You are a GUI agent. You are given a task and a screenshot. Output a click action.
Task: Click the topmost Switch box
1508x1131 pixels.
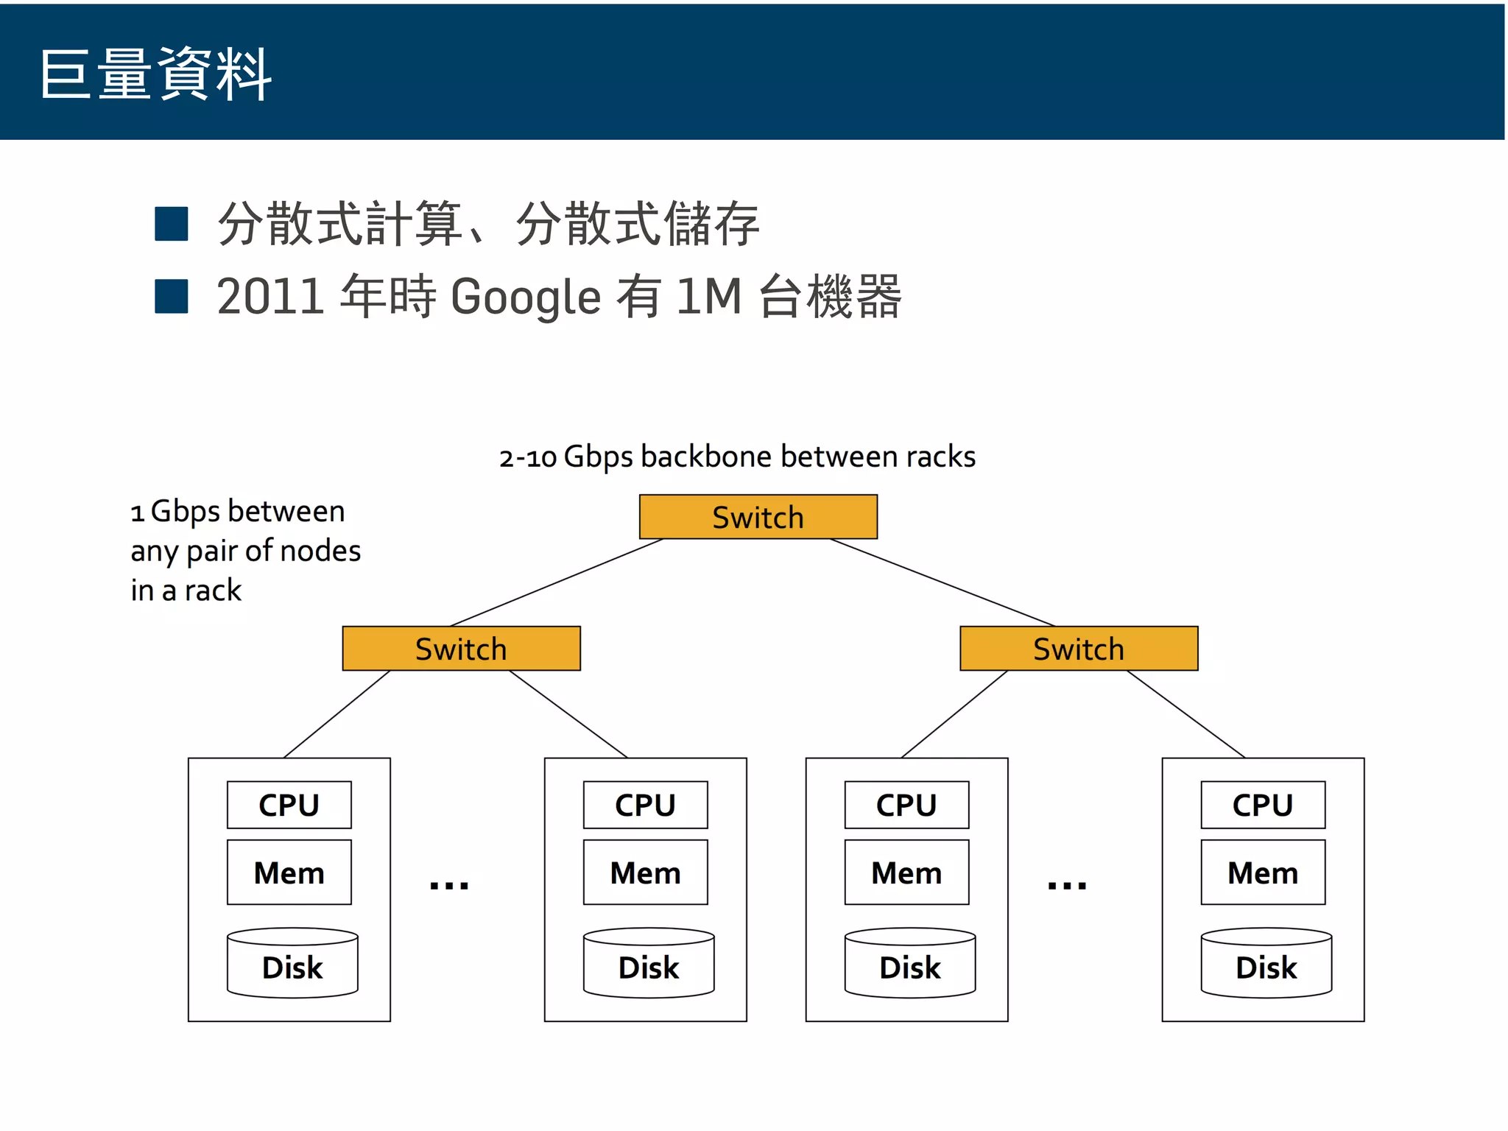coord(758,517)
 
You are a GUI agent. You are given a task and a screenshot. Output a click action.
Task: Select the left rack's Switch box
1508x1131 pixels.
coord(461,649)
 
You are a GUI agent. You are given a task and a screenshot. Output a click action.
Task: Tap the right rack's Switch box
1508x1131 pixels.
coord(1078,649)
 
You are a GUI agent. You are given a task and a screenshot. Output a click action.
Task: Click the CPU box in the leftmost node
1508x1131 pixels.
coord(289,805)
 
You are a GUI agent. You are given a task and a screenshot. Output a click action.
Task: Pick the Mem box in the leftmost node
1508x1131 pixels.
coord(289,873)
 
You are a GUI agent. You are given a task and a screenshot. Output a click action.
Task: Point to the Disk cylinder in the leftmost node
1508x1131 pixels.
coord(292,964)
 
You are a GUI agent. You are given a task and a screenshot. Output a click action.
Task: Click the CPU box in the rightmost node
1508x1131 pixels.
coord(1262,805)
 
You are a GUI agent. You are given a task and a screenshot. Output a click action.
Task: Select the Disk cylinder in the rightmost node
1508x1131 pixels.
coord(1266,964)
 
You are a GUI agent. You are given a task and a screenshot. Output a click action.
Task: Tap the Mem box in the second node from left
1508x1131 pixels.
coord(645,873)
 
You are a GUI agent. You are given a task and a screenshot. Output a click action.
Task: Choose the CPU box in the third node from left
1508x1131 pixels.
coord(906,805)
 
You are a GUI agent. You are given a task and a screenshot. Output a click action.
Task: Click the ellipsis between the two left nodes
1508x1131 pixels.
coord(449,885)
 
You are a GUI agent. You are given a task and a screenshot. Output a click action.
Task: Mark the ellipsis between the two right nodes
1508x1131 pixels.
coord(1067,885)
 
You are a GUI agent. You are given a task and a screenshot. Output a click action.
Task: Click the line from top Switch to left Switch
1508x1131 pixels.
coord(557,582)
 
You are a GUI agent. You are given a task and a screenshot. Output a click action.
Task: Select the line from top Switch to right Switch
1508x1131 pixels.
coord(942,582)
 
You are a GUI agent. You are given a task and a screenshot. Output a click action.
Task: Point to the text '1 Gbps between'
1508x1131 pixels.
coord(237,511)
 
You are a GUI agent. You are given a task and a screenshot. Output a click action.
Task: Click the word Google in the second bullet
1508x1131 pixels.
coord(526,297)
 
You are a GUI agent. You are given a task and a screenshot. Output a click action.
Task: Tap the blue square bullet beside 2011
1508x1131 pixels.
coord(172,296)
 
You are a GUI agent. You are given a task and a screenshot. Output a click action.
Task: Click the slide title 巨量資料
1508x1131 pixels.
coord(155,74)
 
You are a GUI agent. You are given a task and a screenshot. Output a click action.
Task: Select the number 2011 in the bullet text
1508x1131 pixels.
coord(270,297)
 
